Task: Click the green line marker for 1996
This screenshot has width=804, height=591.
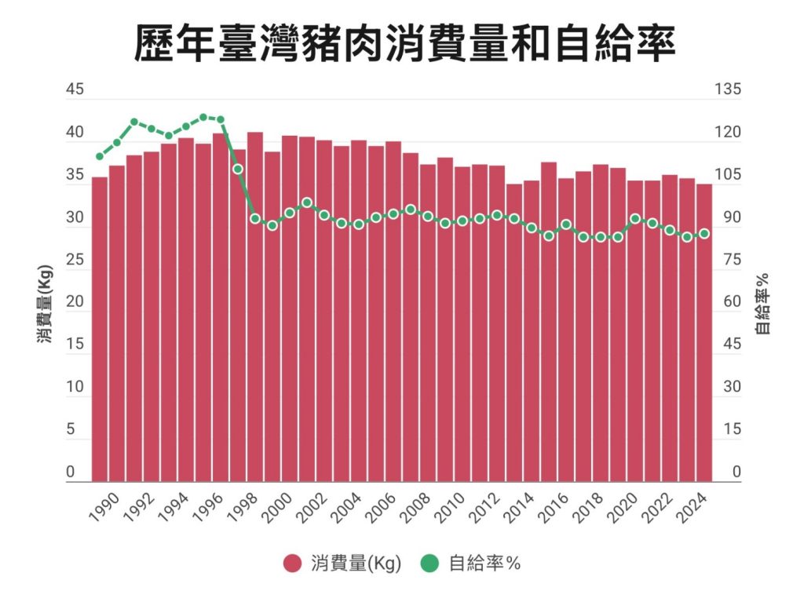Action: coord(221,120)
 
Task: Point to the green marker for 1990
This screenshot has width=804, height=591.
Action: coord(100,156)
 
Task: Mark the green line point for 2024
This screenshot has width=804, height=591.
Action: coord(704,233)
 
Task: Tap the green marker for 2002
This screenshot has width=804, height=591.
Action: coord(324,215)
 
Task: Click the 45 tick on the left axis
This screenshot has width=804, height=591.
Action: coord(74,89)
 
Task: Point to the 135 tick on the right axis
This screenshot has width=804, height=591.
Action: coord(726,89)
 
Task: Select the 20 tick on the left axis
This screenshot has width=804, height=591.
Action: coord(74,302)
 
